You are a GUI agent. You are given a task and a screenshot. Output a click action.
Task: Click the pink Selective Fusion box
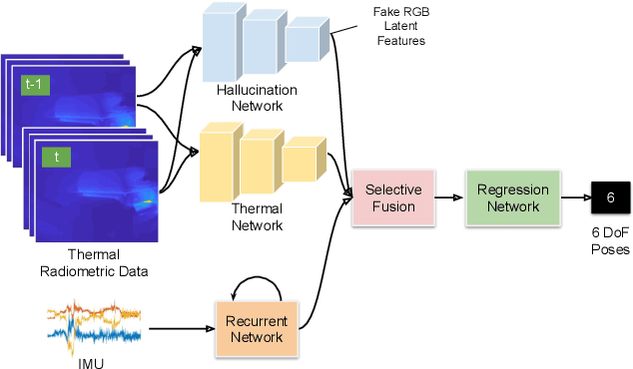[392, 197]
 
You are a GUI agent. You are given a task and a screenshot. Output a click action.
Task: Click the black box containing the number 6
[609, 197]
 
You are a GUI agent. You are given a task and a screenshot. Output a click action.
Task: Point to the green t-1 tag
[34, 86]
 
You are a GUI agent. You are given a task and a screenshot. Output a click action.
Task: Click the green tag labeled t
[56, 156]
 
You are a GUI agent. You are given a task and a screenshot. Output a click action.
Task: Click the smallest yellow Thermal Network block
[302, 163]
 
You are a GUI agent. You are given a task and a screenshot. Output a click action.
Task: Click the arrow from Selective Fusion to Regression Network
[446, 197]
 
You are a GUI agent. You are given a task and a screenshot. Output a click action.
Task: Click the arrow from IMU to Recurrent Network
[180, 328]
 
